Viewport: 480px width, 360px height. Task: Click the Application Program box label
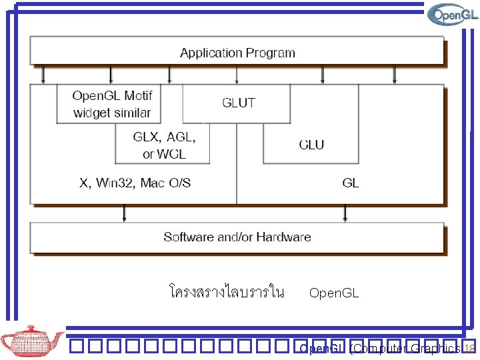(237, 53)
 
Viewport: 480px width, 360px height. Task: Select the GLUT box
(237, 103)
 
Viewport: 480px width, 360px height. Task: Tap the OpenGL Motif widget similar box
(112, 104)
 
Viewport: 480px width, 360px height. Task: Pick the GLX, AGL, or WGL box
(163, 145)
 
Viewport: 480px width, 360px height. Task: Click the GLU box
(311, 144)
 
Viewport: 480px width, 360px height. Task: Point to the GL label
(350, 183)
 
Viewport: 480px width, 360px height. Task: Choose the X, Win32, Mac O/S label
(135, 183)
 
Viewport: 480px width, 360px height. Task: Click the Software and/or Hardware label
(237, 237)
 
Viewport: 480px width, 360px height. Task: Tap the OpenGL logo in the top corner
(453, 14)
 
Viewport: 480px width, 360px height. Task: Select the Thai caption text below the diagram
(227, 292)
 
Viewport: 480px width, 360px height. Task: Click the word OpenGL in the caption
(334, 293)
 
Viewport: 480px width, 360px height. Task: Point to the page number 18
(469, 349)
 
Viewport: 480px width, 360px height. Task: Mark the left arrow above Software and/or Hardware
(123, 213)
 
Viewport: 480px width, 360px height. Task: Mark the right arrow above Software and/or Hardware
(345, 213)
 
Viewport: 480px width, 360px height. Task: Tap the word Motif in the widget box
(138, 96)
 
